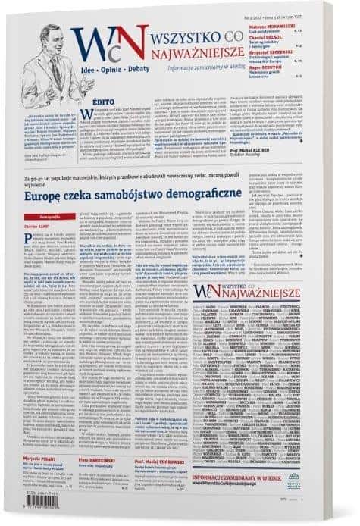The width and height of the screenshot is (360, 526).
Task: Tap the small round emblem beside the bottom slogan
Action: pyautogui.click(x=337, y=479)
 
